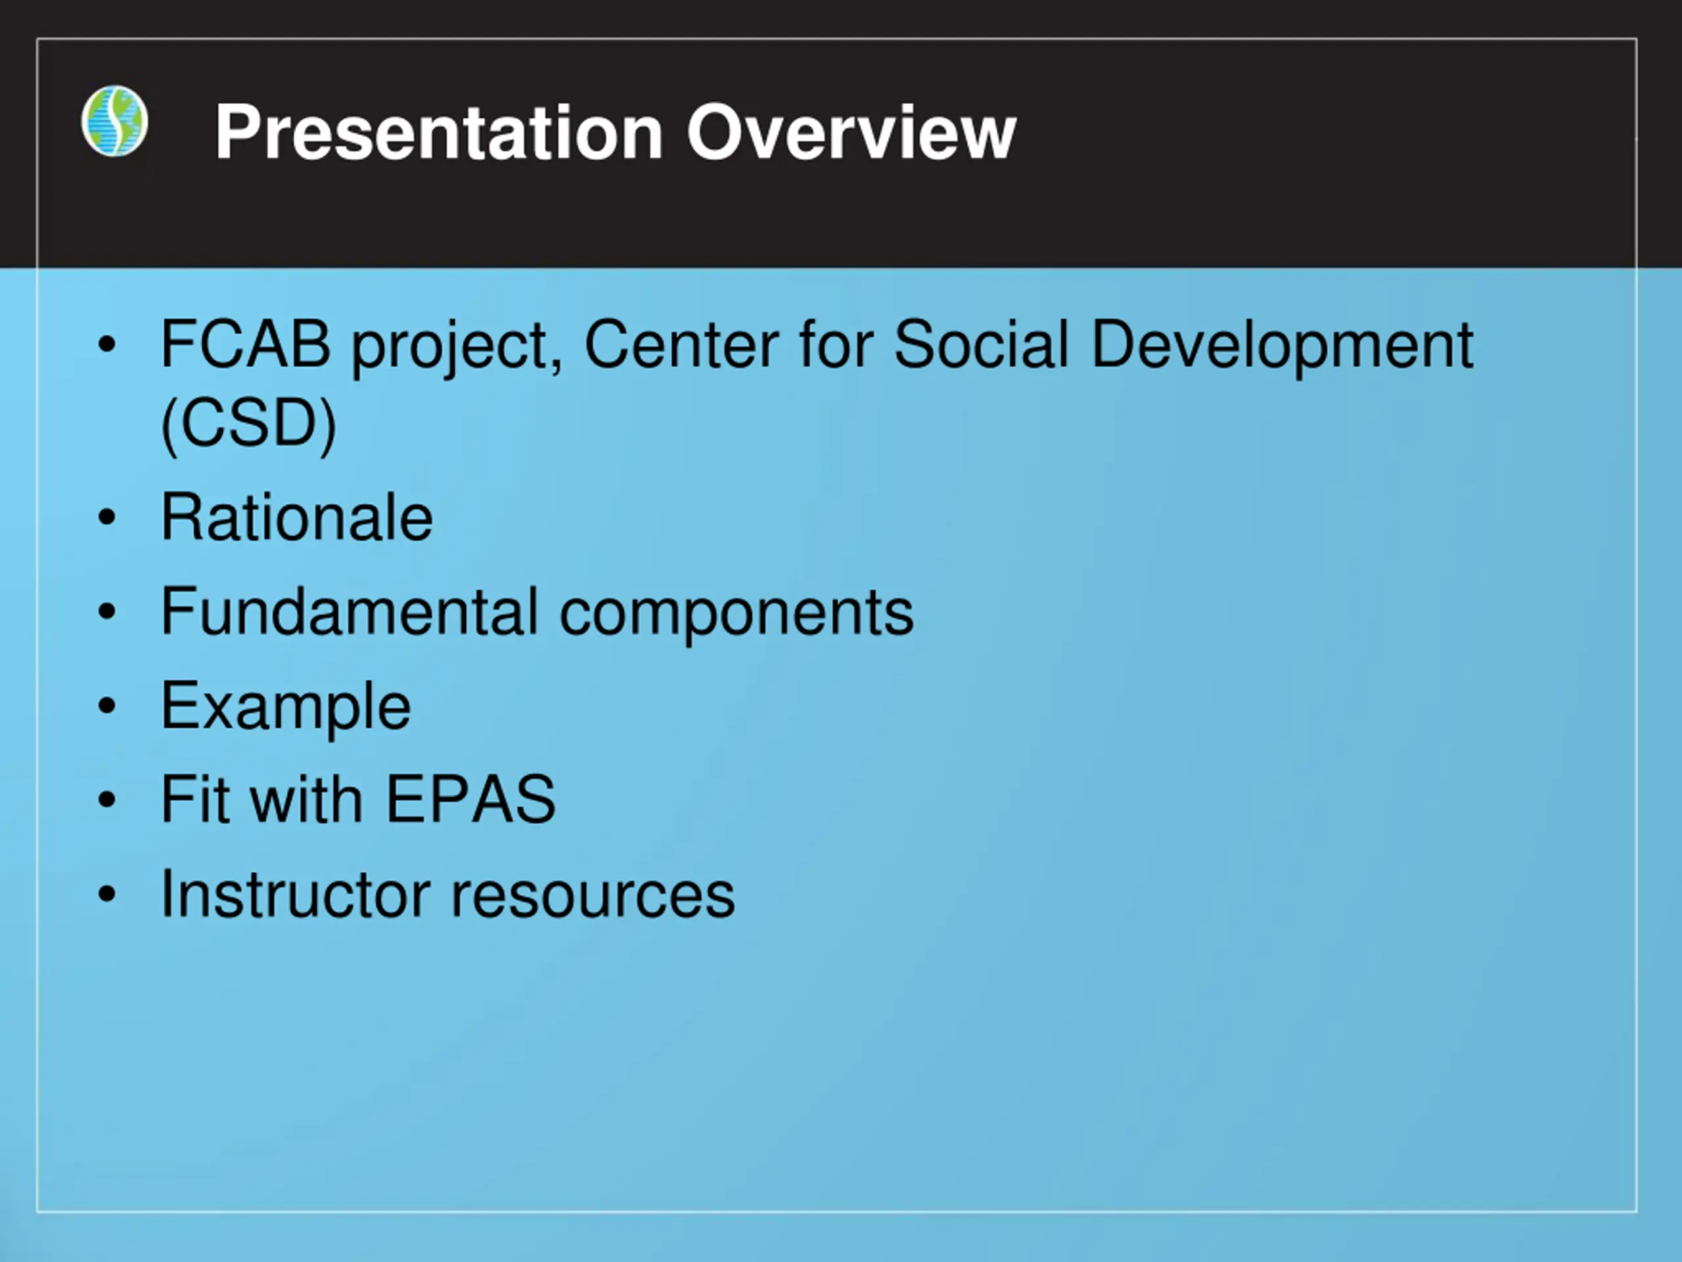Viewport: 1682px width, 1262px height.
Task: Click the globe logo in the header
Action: pyautogui.click(x=114, y=121)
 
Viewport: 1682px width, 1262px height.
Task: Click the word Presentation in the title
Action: pyautogui.click(x=439, y=132)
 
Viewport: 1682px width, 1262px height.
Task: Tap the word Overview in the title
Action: pyautogui.click(x=851, y=132)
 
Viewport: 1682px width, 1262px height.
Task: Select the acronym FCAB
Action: pyautogui.click(x=246, y=344)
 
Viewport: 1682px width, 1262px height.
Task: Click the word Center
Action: pyautogui.click(x=681, y=344)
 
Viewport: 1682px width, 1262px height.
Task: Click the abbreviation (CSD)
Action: pyautogui.click(x=248, y=424)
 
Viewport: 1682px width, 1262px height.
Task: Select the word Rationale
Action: pyautogui.click(x=296, y=517)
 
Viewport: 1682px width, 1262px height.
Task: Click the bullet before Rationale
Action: pyautogui.click(x=107, y=517)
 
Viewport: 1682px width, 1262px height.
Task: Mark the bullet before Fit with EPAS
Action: pyautogui.click(x=107, y=799)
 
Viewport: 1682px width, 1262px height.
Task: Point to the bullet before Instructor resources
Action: pyautogui.click(x=107, y=893)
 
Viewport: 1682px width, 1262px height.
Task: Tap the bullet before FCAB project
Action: pyautogui.click(x=107, y=344)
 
